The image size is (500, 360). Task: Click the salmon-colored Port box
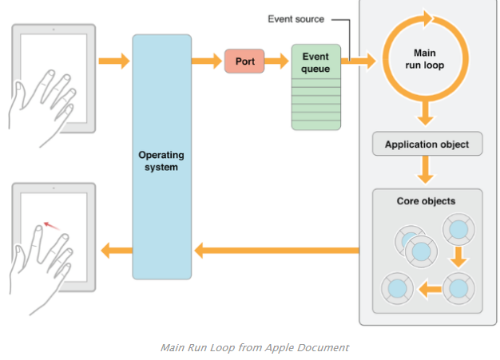click(x=244, y=61)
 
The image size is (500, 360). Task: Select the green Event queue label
click(x=316, y=62)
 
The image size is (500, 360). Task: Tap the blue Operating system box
click(x=161, y=156)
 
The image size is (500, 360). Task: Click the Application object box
click(x=427, y=144)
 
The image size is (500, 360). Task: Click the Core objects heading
click(x=426, y=200)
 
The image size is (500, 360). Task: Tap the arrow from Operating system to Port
click(x=207, y=61)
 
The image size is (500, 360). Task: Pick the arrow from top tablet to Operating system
click(x=113, y=61)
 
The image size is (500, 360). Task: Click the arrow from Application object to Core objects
click(x=426, y=170)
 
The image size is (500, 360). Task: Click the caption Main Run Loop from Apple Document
click(x=254, y=347)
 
